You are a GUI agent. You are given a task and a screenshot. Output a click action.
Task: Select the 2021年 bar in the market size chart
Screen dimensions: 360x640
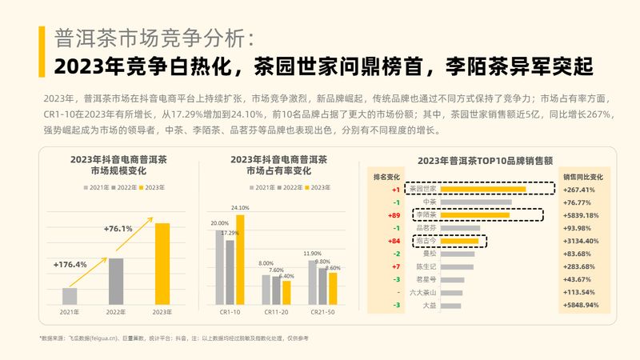pyautogui.click(x=70, y=296)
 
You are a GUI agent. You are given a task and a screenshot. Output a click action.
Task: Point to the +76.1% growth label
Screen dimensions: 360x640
pyautogui.click(x=118, y=228)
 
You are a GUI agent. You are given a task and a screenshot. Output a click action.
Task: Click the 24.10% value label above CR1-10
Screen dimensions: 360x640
pyautogui.click(x=240, y=208)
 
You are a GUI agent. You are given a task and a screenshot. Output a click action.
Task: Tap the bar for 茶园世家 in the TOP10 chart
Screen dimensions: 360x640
pyautogui.click(x=483, y=190)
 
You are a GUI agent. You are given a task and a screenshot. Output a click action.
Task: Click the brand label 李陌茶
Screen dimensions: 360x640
pyautogui.click(x=425, y=214)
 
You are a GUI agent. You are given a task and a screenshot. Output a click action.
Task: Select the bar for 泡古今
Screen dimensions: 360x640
pyautogui.click(x=460, y=240)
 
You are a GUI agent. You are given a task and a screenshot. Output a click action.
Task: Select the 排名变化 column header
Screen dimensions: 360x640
pyautogui.click(x=387, y=175)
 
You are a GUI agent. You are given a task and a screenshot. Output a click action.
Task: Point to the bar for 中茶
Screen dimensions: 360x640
pyautogui.click(x=476, y=202)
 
